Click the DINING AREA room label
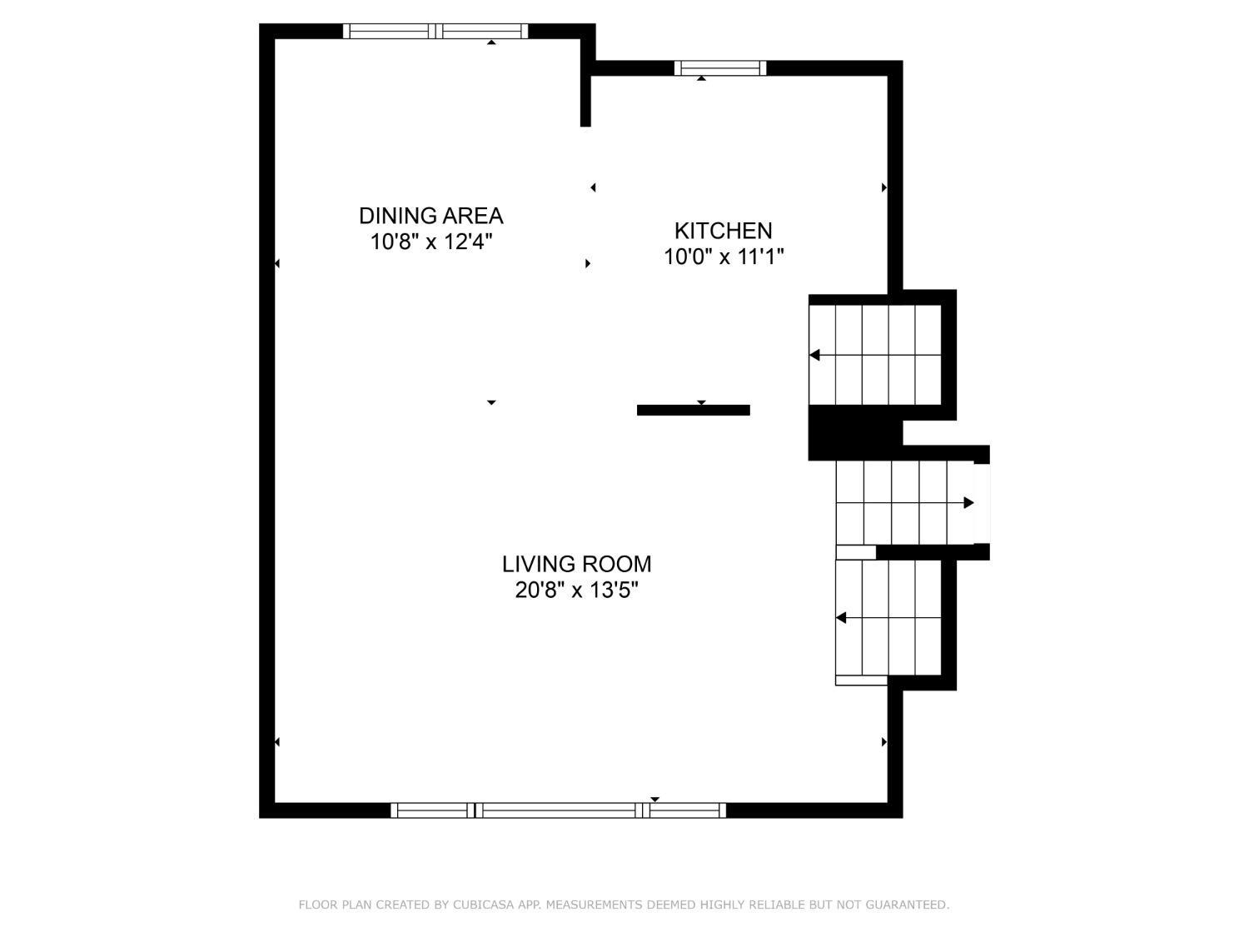click(x=430, y=216)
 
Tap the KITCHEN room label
click(x=724, y=231)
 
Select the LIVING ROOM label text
click(x=576, y=565)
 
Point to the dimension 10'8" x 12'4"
click(x=430, y=242)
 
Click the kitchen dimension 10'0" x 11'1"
click(x=724, y=257)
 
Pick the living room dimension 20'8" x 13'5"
click(x=576, y=591)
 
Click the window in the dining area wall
click(x=435, y=31)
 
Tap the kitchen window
click(x=719, y=68)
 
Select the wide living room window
click(x=558, y=810)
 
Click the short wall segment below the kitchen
click(x=693, y=410)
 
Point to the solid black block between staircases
click(x=854, y=433)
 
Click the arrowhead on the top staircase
click(x=814, y=355)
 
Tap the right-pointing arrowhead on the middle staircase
click(x=968, y=503)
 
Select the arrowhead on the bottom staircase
click(x=840, y=618)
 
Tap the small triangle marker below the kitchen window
click(x=702, y=78)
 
